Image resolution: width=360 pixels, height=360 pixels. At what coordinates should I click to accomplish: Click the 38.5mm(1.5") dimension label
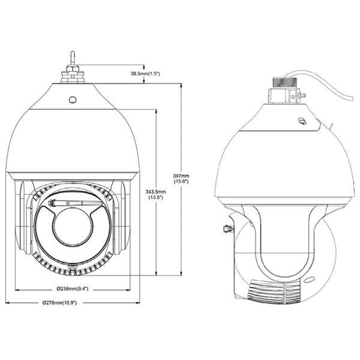(145, 74)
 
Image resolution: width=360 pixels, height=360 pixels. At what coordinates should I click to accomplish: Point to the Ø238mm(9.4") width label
(73, 289)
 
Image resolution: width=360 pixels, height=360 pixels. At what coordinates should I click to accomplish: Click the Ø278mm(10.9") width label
(59, 303)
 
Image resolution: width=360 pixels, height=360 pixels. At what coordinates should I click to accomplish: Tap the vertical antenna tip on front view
(73, 52)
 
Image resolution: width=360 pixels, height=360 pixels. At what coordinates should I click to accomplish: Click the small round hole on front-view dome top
(73, 100)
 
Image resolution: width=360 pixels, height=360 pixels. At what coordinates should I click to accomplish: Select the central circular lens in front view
(73, 227)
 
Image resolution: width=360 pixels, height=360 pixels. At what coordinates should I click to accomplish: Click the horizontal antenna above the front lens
(76, 203)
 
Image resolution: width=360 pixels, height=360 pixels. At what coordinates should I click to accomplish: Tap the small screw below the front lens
(73, 268)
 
